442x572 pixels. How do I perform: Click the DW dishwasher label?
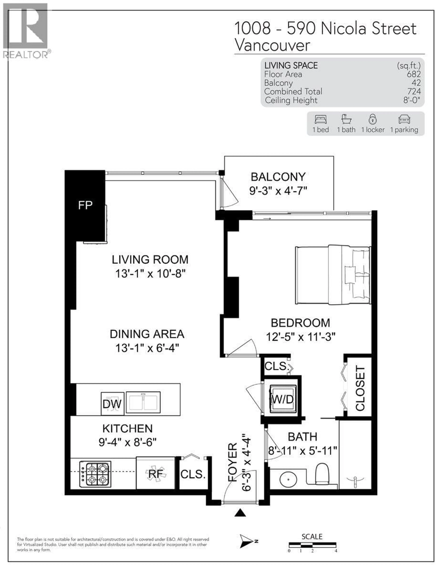tap(112, 404)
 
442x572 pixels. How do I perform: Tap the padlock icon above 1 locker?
tap(372, 119)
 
